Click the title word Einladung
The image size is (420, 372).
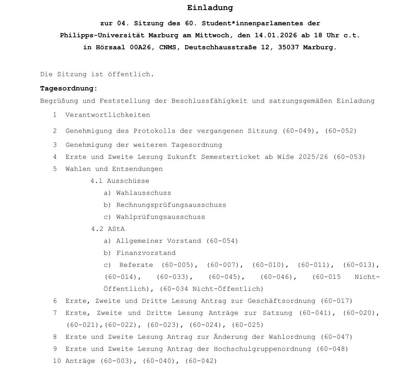pos(210,8)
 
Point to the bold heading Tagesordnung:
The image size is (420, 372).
pos(69,89)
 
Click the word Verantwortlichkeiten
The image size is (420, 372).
pos(108,115)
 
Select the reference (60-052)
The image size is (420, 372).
pos(341,131)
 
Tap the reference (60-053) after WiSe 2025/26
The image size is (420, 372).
pos(349,157)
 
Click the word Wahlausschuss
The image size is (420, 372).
pos(144,193)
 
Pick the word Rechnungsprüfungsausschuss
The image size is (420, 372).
pos(171,205)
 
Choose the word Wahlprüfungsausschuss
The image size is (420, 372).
pos(161,217)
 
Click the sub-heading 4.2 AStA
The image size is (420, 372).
pos(108,229)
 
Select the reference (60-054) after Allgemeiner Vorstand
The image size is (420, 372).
pos(222,241)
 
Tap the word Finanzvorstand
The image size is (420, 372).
pos(146,253)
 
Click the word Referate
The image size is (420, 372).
pos(136,265)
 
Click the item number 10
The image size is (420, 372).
pos(57,361)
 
